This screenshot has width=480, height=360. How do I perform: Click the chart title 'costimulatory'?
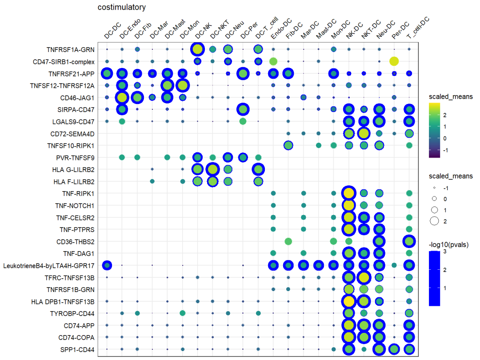pos(122,8)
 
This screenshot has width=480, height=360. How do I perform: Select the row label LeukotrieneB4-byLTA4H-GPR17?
pos(50,265)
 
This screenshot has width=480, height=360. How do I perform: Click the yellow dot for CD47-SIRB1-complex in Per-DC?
pos(394,61)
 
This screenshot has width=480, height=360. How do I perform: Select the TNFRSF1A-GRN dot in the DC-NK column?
pos(197,49)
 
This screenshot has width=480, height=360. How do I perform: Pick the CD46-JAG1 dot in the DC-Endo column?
pos(122,97)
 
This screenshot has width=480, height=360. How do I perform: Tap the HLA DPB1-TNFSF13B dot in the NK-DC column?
pos(349,301)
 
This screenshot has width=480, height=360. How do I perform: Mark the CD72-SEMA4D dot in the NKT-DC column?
pos(364,133)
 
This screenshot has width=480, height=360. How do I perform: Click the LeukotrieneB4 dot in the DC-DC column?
pos(107,265)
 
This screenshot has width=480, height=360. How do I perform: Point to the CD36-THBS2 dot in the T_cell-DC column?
pos(409,241)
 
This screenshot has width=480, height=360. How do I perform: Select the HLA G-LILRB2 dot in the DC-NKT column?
pos(212,169)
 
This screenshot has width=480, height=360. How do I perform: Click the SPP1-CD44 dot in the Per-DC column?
pos(394,349)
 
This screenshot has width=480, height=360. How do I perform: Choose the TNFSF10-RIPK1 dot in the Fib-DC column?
pos(288,145)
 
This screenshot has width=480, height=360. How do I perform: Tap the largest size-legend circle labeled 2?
pos(434,220)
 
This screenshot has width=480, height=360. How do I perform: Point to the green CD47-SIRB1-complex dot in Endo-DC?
pos(273,61)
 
